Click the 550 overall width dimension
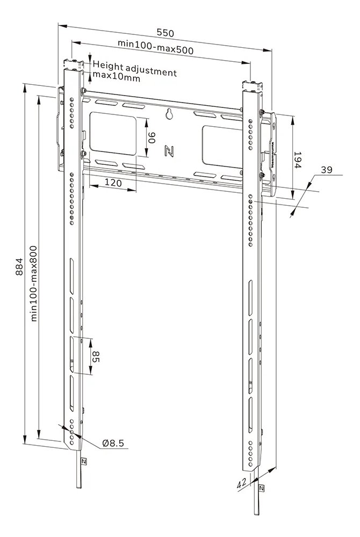(x=166, y=33)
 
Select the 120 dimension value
(x=112, y=183)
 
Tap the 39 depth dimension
(x=327, y=170)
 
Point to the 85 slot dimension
(x=95, y=357)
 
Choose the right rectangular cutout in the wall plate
(x=219, y=143)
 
